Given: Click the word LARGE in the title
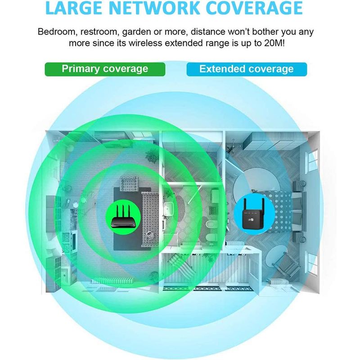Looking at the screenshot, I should tap(83, 9).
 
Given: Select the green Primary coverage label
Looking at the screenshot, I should tap(105, 69).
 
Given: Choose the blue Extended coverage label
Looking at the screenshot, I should tap(246, 69).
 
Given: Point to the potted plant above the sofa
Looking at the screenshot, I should tap(152, 156).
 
